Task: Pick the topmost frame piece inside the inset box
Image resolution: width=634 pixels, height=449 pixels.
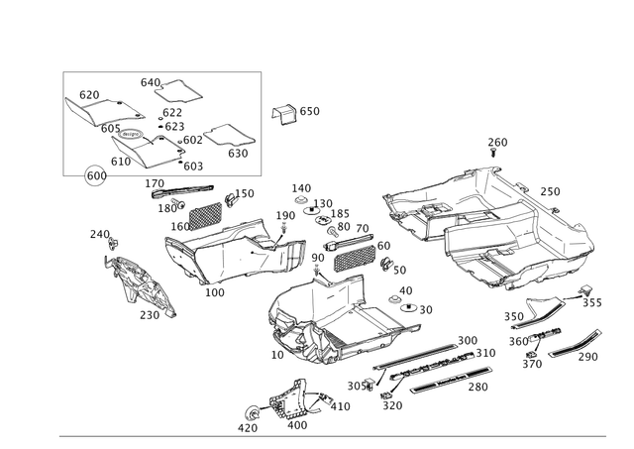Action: pos(179,89)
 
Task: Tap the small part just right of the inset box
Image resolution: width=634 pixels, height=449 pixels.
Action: pos(287,114)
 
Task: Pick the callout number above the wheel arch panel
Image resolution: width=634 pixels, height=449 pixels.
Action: pos(99,234)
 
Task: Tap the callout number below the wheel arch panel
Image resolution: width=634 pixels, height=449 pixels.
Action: pos(149,315)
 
